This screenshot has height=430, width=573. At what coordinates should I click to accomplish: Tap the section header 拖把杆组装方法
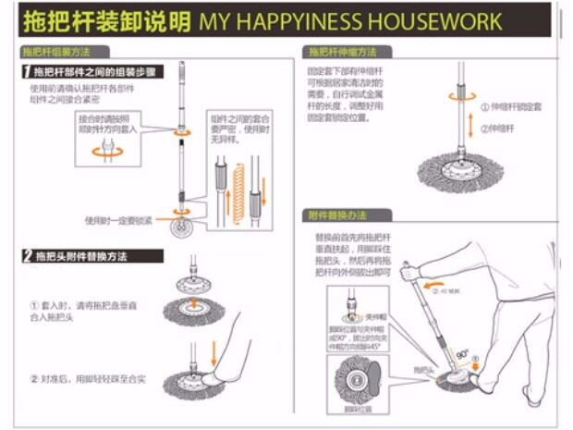tap(62, 53)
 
